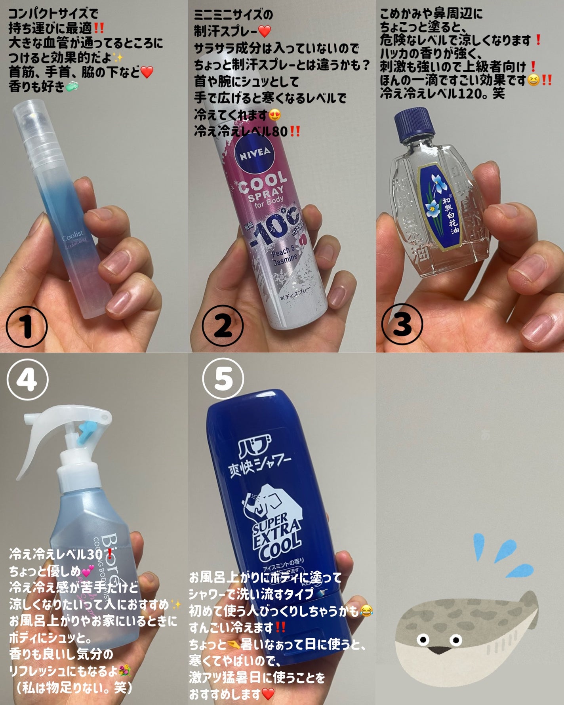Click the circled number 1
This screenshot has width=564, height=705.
27,326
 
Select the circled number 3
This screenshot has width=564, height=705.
402,324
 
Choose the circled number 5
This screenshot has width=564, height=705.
223,379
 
